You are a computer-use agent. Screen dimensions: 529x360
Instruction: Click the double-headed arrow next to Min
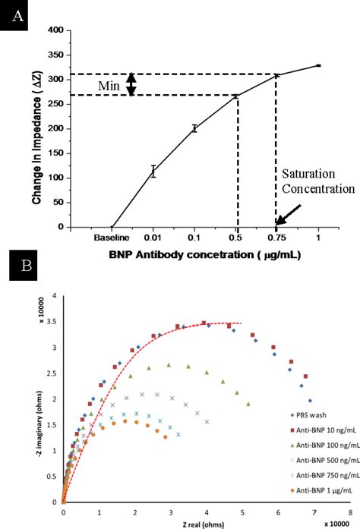pos(131,84)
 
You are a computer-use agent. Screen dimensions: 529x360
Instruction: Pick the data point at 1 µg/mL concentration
pos(318,66)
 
